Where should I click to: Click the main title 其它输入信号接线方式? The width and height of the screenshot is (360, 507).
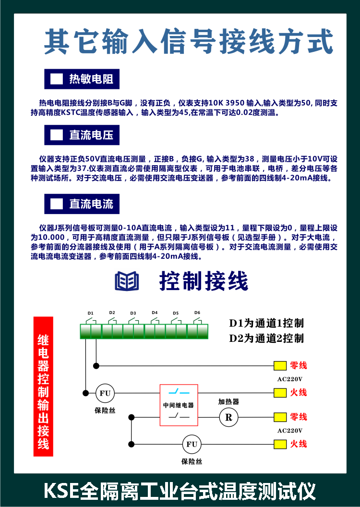pyautogui.click(x=189, y=41)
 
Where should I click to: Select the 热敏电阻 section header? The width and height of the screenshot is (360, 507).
pyautogui.click(x=82, y=79)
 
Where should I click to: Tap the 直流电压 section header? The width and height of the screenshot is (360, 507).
pyautogui.click(x=82, y=135)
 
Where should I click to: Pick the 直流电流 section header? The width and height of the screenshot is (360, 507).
pyautogui.click(x=82, y=204)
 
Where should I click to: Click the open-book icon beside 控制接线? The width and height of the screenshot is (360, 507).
pyautogui.click(x=127, y=281)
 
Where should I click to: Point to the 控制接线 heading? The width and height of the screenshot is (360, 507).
pyautogui.click(x=204, y=281)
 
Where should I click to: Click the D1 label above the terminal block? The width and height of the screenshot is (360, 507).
pyautogui.click(x=91, y=313)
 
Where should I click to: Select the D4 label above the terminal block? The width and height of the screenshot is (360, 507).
pyautogui.click(x=155, y=313)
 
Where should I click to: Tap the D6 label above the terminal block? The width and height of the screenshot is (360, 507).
pyautogui.click(x=197, y=313)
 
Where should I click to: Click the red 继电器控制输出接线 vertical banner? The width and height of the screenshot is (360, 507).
pyautogui.click(x=43, y=386)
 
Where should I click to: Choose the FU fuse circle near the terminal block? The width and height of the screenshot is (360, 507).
pyautogui.click(x=105, y=393)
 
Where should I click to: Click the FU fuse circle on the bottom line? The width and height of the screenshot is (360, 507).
pyautogui.click(x=192, y=444)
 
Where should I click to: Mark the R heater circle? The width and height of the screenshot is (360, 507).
pyautogui.click(x=229, y=417)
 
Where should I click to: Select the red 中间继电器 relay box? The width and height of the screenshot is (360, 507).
pyautogui.click(x=179, y=405)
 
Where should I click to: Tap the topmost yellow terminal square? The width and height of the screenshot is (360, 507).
pyautogui.click(x=280, y=366)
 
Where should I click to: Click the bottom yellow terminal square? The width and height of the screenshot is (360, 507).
pyautogui.click(x=280, y=444)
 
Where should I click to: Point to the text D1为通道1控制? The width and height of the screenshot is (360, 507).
pyautogui.click(x=266, y=323)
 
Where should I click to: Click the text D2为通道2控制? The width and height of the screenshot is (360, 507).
pyautogui.click(x=266, y=338)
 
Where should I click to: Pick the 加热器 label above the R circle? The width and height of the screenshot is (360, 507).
pyautogui.click(x=228, y=401)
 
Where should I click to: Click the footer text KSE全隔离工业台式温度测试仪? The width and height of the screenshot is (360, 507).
pyautogui.click(x=180, y=491)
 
